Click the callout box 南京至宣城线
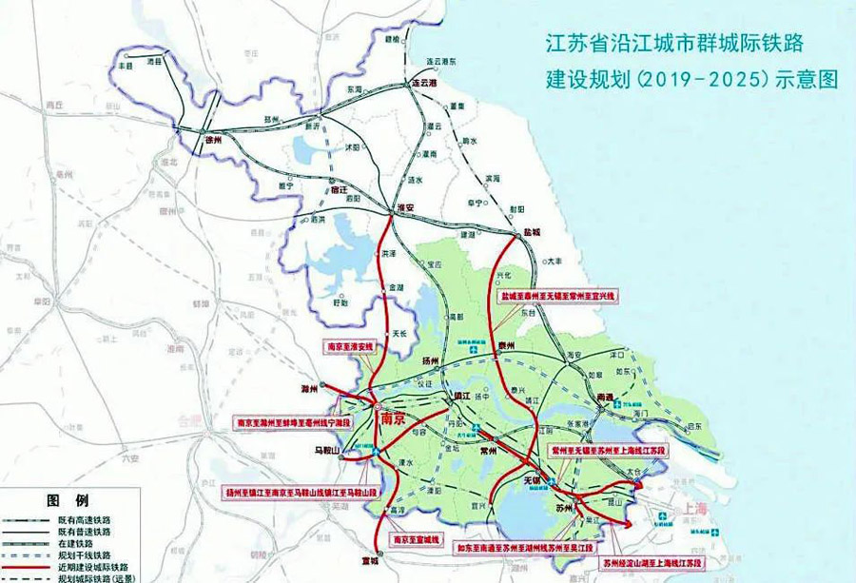point(418,539)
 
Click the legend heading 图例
point(68,500)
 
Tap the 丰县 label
point(124,67)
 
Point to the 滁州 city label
point(307,390)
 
